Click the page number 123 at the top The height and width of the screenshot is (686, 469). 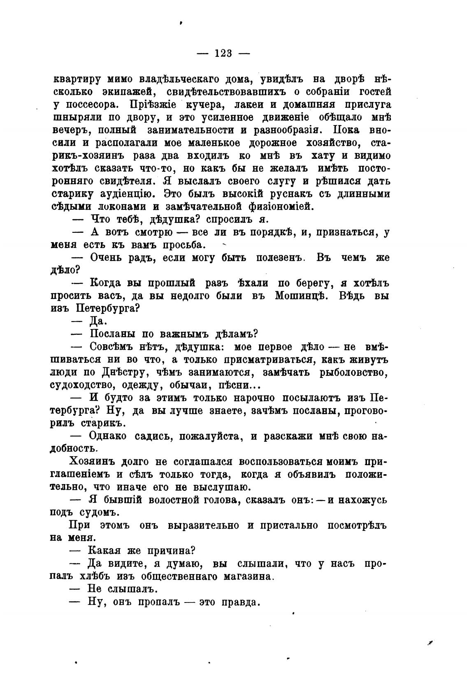click(x=223, y=53)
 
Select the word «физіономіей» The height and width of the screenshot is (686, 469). click(x=271, y=206)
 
